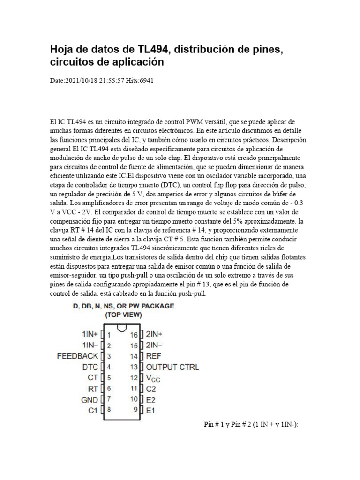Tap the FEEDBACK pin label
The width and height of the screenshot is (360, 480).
coord(78,356)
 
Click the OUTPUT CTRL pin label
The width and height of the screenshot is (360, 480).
coord(172,367)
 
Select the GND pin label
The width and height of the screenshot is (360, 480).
coord(90,399)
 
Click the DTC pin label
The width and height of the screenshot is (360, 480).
coord(90,367)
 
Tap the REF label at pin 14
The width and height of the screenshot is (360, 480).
coord(154,356)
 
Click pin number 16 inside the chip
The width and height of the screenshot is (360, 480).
coord(134,335)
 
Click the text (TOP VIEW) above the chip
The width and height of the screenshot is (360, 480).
coord(123,315)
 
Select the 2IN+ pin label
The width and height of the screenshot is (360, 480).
coord(154,335)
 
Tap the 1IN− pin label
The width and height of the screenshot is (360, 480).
coord(90,345)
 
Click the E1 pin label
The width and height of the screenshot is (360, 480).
coord(150,410)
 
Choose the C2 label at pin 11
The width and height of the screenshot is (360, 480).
coord(151,389)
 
